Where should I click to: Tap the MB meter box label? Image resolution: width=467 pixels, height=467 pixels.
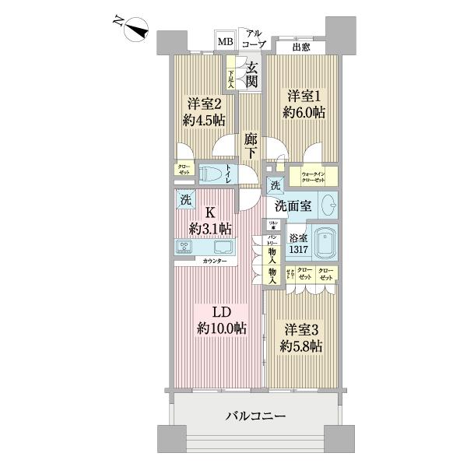[224, 41]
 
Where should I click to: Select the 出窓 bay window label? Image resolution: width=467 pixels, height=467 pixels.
[302, 47]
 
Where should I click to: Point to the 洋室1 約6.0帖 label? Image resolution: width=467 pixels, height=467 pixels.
[305, 104]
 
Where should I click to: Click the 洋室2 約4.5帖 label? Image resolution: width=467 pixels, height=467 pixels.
[204, 111]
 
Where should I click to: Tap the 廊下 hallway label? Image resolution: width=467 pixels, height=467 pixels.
[250, 146]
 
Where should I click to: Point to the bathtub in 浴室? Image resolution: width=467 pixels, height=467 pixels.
[326, 244]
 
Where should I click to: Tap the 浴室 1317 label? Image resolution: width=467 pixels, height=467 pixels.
[300, 244]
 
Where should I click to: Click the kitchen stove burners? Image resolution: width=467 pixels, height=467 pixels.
[186, 247]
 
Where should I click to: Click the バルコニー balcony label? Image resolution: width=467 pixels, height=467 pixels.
[256, 417]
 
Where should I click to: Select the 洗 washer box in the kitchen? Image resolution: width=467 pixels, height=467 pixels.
[185, 199]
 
